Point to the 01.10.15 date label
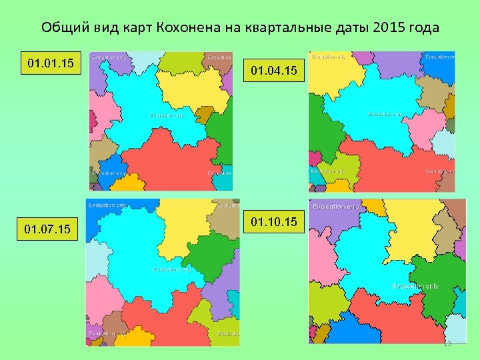pyautogui.click(x=276, y=220)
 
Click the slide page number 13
pyautogui.click(x=447, y=343)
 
